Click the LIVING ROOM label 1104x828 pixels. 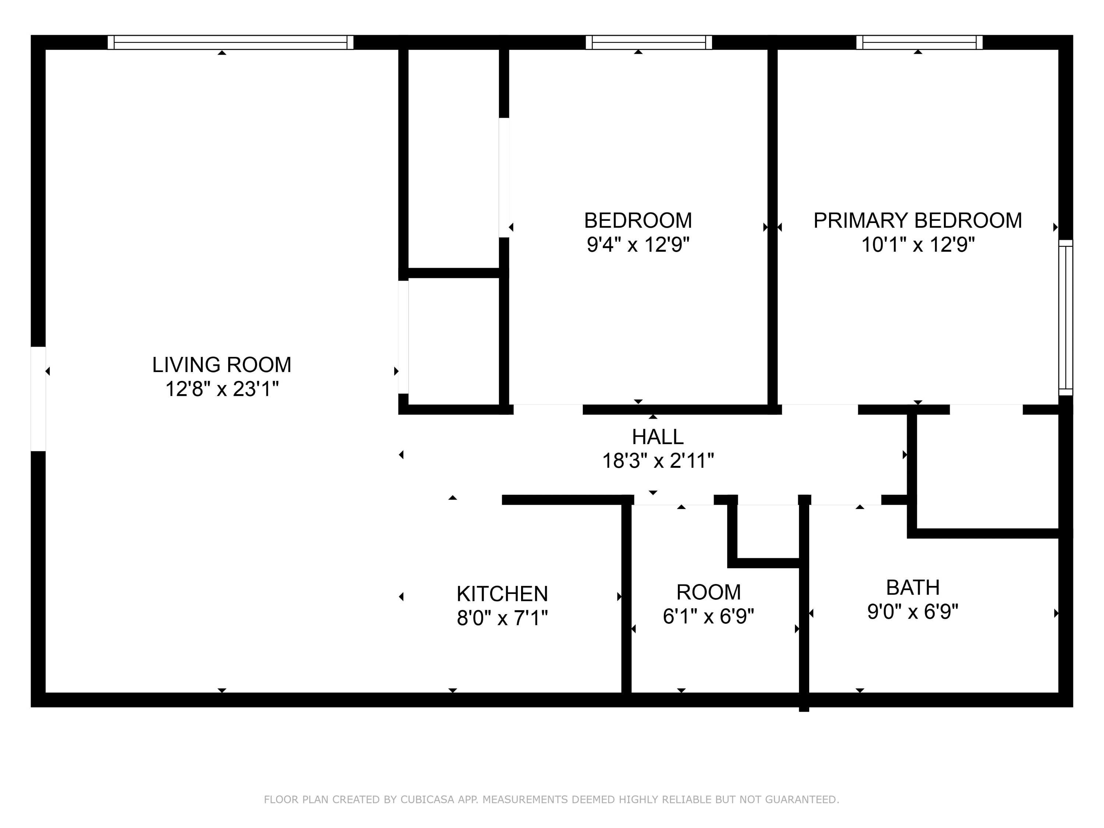(222, 365)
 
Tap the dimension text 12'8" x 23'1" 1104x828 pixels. (222, 389)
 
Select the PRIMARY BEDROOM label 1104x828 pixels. (917, 220)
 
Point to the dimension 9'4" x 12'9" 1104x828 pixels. (638, 245)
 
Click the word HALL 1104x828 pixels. (657, 437)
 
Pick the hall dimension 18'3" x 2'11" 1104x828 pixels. (657, 461)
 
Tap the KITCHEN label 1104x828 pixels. (502, 594)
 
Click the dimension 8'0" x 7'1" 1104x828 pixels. (502, 618)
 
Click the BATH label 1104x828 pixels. (912, 587)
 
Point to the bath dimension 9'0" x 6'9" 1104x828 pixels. (912, 611)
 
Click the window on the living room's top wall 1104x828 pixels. (231, 42)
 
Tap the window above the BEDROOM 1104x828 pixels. (648, 42)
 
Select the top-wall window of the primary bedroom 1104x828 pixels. (919, 42)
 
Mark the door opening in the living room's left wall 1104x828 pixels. (38, 399)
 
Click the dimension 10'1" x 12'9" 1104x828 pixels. (917, 245)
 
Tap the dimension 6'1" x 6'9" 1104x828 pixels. (708, 617)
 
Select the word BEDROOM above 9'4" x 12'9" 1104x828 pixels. (638, 220)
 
